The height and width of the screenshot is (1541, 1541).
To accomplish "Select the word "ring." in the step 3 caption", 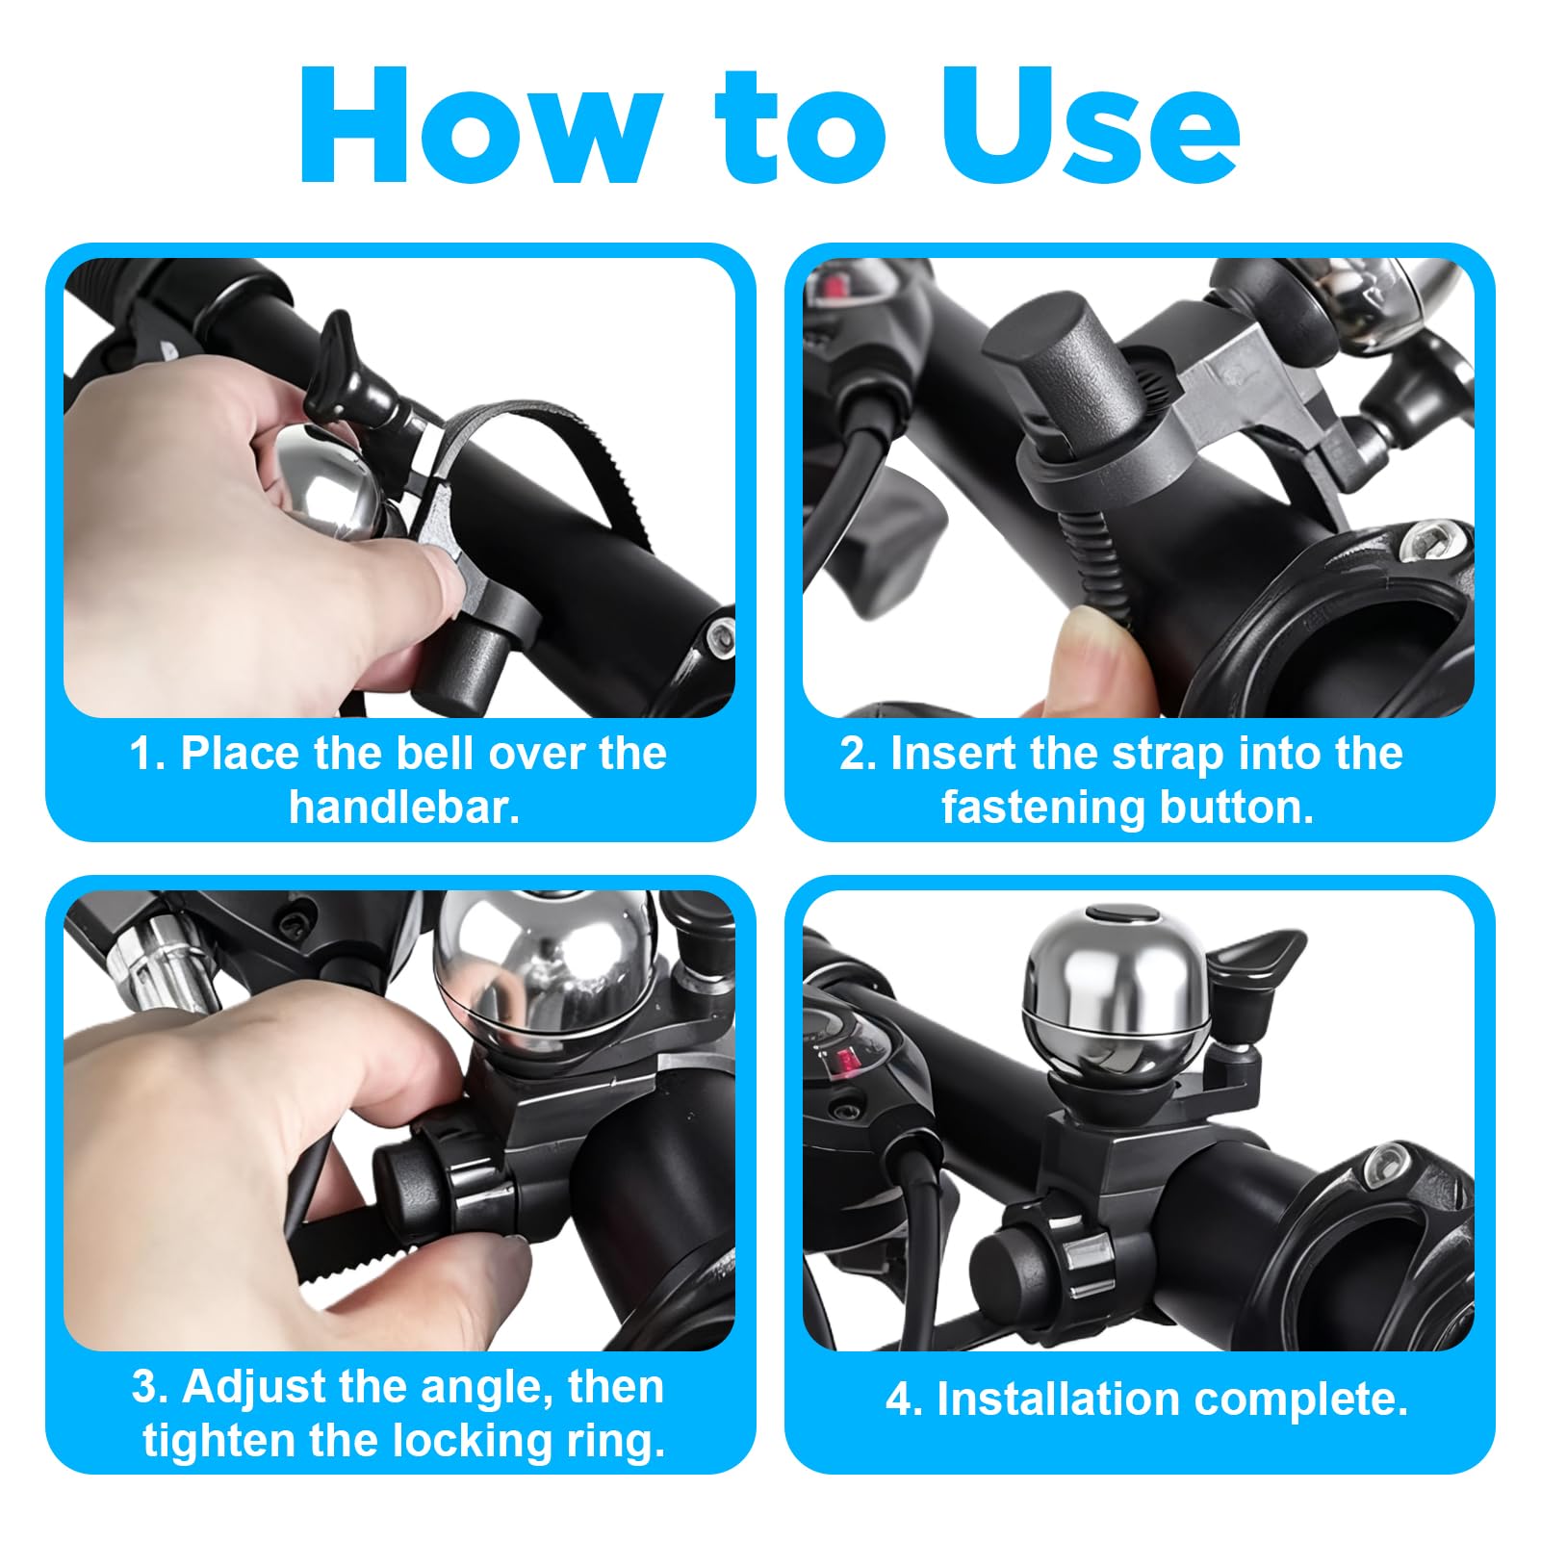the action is click(613, 1442).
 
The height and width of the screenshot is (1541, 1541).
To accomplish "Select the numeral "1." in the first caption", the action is click(148, 755).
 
